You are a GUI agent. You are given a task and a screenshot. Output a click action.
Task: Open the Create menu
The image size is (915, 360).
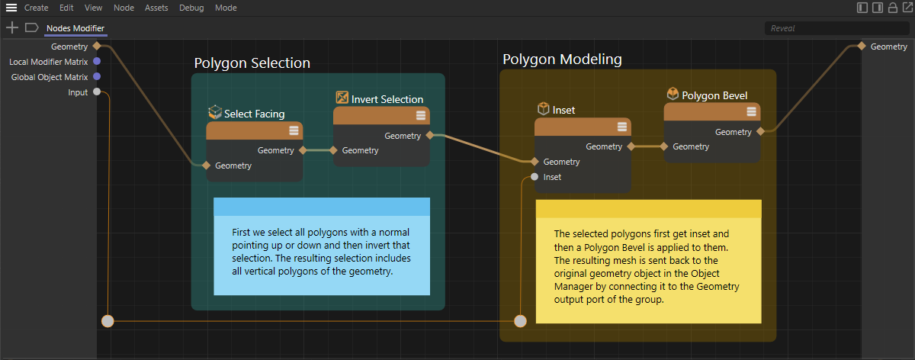click(x=36, y=8)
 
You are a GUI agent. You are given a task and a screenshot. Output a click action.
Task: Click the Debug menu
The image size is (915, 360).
click(x=191, y=8)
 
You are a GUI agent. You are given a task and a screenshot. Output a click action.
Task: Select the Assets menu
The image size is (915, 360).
click(x=156, y=8)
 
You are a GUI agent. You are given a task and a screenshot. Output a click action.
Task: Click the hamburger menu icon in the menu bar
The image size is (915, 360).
click(x=11, y=8)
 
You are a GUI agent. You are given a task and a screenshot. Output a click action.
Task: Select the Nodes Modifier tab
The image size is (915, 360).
click(x=75, y=28)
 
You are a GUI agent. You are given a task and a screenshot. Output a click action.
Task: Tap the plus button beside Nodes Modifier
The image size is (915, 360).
click(x=12, y=27)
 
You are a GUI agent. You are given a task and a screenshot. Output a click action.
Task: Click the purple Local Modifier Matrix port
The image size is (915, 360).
click(x=97, y=61)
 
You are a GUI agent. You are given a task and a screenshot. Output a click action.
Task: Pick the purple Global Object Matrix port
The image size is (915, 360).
click(x=97, y=76)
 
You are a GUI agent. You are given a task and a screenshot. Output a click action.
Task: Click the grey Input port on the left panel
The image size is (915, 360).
click(x=97, y=92)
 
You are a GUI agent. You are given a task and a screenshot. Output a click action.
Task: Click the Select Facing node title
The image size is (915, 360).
click(x=254, y=114)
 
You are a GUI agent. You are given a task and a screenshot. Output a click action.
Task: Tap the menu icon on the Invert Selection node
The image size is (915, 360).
click(x=421, y=115)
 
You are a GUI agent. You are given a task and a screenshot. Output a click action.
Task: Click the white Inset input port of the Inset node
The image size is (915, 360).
click(x=535, y=177)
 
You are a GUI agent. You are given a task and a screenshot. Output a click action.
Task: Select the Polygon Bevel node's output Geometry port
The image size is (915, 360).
click(x=760, y=132)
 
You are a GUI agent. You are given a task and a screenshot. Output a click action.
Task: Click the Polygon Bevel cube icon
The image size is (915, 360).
click(x=673, y=94)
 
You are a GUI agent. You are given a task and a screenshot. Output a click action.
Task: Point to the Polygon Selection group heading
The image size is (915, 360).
click(x=252, y=63)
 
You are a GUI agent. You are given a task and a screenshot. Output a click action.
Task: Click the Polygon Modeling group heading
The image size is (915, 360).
click(x=562, y=59)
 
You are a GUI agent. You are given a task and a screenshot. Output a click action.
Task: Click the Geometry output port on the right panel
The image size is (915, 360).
click(x=862, y=47)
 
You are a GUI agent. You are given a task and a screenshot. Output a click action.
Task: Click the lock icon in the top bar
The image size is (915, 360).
click(x=893, y=8)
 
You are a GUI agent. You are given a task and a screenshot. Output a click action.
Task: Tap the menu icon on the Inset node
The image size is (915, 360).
click(x=621, y=127)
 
